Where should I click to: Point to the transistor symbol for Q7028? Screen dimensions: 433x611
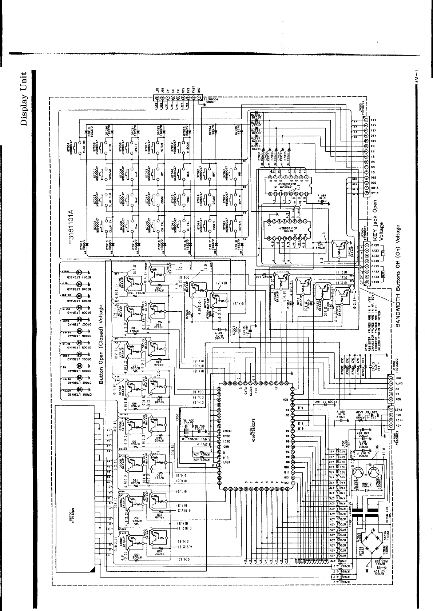360,472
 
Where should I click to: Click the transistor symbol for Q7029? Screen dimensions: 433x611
374,472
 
